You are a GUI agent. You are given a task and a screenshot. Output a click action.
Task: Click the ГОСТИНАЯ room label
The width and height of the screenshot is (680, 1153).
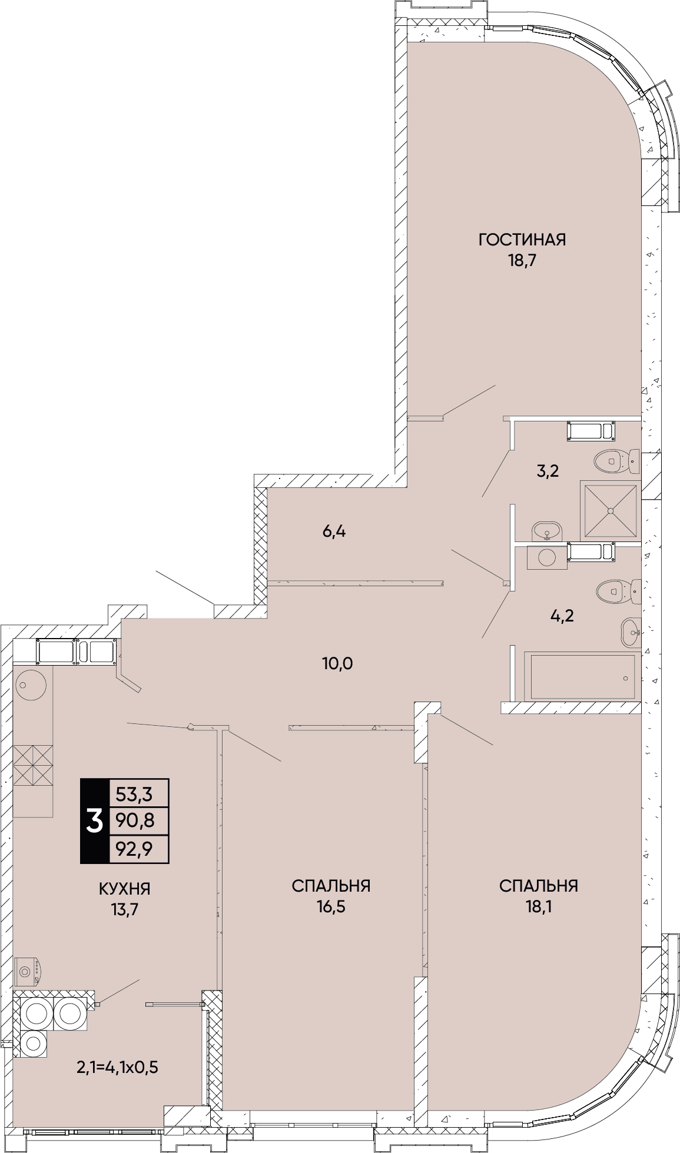522,240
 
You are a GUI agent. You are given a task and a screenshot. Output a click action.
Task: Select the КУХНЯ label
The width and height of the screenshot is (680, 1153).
124,888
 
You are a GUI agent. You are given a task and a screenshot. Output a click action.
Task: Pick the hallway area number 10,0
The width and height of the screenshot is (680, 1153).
337,663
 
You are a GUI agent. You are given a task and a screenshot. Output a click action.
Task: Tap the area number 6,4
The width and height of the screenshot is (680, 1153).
334,531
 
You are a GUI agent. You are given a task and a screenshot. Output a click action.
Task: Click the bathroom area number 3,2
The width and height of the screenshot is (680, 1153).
547,471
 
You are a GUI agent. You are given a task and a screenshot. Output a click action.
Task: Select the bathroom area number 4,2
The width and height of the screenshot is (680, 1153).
561,616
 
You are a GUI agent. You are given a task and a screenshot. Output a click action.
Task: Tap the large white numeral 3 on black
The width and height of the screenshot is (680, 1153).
95,821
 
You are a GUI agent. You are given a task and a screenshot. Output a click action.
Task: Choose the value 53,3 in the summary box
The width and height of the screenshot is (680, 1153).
134,795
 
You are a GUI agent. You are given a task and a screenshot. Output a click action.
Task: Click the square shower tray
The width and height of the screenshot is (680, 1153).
610,510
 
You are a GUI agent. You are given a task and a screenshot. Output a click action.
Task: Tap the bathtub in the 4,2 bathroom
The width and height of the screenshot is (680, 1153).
582,676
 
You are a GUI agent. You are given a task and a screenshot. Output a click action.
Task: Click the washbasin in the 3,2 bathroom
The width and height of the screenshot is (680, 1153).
548,532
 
